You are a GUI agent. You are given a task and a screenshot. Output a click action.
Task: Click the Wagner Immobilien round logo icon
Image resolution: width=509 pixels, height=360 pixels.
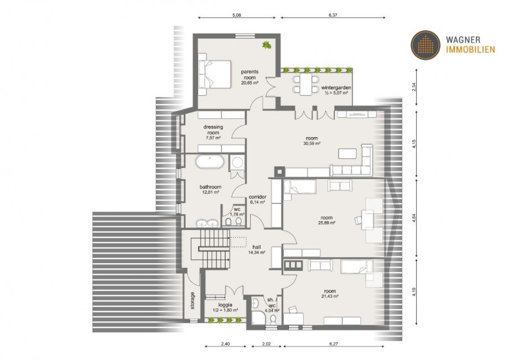(425, 45)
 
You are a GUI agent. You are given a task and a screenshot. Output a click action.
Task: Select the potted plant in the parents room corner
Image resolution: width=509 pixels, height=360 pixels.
(267, 45)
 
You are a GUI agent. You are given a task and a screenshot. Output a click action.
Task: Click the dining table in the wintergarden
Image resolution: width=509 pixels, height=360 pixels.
(306, 84)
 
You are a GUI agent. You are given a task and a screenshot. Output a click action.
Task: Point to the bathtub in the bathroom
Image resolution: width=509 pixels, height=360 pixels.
(209, 161)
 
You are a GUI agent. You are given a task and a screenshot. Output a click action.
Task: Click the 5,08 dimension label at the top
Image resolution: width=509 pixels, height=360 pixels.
(237, 14)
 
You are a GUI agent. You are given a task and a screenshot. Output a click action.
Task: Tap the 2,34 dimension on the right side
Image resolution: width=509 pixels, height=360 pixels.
(414, 87)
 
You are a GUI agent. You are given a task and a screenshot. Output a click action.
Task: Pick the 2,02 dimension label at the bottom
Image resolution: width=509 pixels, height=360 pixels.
(266, 344)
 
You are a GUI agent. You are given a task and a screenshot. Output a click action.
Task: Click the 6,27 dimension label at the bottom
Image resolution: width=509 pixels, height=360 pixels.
(334, 344)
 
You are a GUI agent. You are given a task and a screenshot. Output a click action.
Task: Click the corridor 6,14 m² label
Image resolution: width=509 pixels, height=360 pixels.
(257, 199)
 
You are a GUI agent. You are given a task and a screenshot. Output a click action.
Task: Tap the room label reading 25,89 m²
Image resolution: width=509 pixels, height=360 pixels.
(326, 220)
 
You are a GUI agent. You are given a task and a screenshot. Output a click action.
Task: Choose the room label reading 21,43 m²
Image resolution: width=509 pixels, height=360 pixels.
(330, 294)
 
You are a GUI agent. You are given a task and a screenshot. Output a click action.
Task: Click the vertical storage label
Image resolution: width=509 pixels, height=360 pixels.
(193, 301)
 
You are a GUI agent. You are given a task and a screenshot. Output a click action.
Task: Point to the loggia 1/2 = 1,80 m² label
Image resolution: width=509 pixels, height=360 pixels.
(225, 307)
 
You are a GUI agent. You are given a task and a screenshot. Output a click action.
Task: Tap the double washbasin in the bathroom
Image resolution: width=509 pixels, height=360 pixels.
(207, 223)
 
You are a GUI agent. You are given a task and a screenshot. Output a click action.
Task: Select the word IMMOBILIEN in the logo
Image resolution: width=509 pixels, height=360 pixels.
(471, 49)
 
